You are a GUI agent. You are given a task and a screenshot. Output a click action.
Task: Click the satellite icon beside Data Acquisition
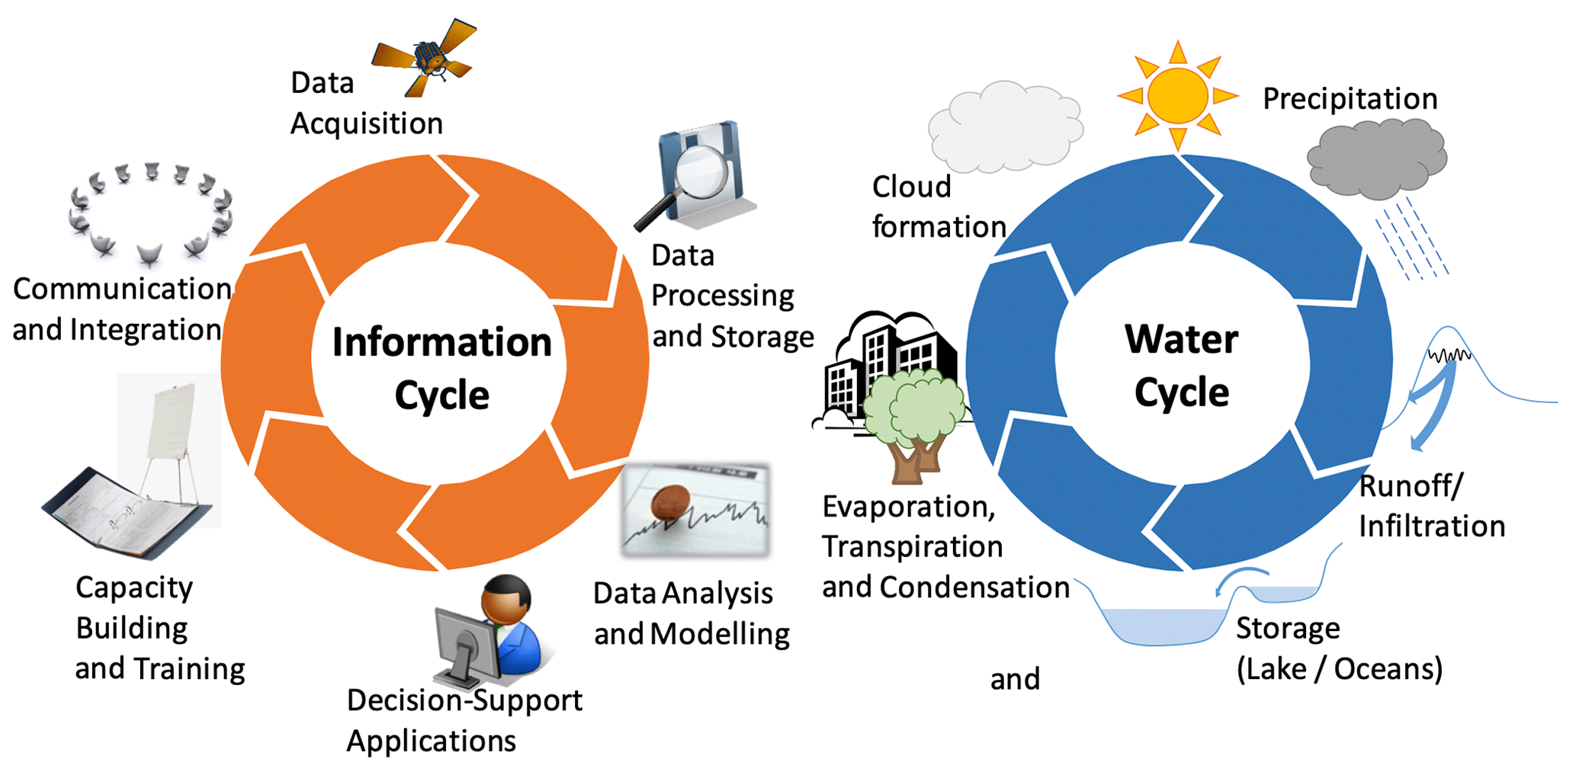(x=425, y=58)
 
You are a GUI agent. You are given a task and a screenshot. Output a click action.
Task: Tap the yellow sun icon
(x=1178, y=95)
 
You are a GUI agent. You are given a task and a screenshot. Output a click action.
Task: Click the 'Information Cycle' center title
(x=441, y=368)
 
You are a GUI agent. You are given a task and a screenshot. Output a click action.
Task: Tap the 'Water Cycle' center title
(x=1181, y=366)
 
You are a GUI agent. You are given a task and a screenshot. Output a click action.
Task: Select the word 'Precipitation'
(x=1350, y=99)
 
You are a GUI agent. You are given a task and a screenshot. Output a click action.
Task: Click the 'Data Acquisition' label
(x=366, y=103)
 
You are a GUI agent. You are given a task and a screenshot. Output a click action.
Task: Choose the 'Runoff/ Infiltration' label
(x=1431, y=506)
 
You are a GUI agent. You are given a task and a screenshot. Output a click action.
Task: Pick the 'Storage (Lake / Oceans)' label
(x=1339, y=649)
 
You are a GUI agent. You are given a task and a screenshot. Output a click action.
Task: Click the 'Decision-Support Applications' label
(x=464, y=720)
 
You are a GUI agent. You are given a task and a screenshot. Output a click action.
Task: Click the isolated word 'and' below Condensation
(x=1015, y=679)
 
